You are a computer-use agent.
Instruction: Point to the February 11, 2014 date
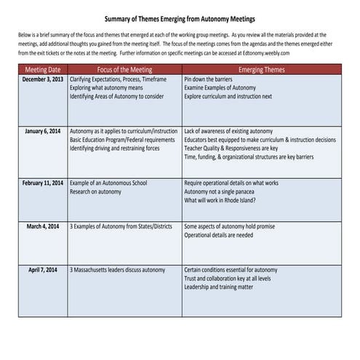pyautogui.click(x=41, y=184)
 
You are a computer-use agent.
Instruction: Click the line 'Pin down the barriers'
pyautogui.click(x=212, y=79)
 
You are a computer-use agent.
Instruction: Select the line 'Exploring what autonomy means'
pyautogui.click(x=109, y=87)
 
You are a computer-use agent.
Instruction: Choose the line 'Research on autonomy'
pyautogui.click(x=97, y=193)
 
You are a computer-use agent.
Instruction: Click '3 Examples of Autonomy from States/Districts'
pyautogui.click(x=121, y=226)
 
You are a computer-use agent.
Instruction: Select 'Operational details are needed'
pyautogui.click(x=220, y=235)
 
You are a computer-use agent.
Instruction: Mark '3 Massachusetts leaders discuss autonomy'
pyautogui.click(x=119, y=269)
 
